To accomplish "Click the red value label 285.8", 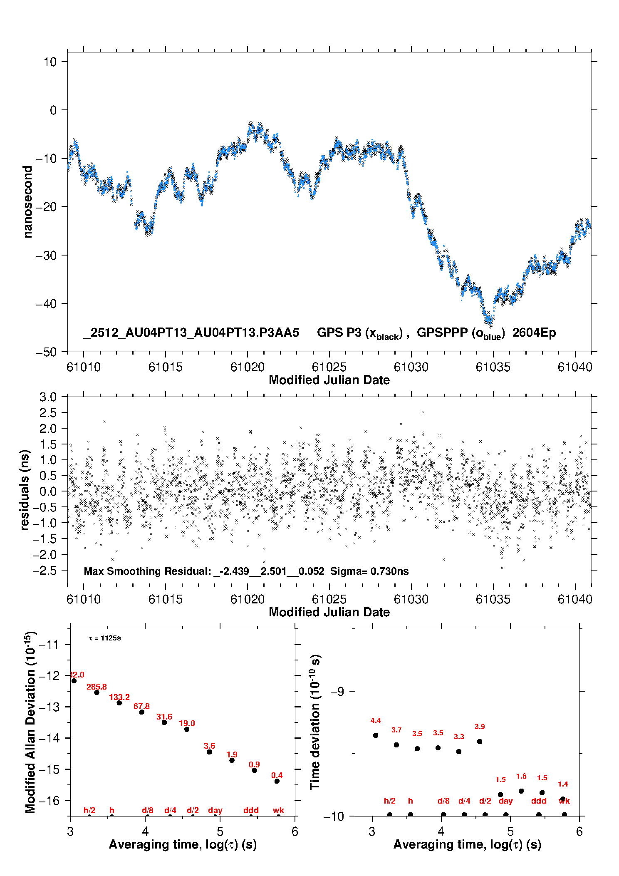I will pyautogui.click(x=97, y=687).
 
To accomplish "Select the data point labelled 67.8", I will pyautogui.click(x=142, y=712).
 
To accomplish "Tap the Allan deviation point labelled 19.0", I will pyautogui.click(x=187, y=730).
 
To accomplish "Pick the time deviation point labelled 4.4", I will pyautogui.click(x=376, y=735).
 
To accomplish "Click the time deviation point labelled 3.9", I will pyautogui.click(x=480, y=742).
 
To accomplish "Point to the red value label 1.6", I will pyautogui.click(x=521, y=776).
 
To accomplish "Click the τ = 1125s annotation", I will pyautogui.click(x=105, y=638).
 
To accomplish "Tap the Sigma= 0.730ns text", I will pyautogui.click(x=369, y=571).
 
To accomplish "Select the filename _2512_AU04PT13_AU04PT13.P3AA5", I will pyautogui.click(x=191, y=333).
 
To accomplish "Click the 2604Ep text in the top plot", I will pyautogui.click(x=534, y=333).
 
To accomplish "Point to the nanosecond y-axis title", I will pyautogui.click(x=28, y=202).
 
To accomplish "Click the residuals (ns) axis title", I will pyautogui.click(x=25, y=490).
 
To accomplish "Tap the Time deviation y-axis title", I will pyautogui.click(x=315, y=722).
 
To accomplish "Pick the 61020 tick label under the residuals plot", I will pyautogui.click(x=248, y=599).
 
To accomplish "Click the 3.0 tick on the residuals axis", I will pyautogui.click(x=48, y=397).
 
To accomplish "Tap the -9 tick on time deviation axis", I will pyautogui.click(x=337, y=691).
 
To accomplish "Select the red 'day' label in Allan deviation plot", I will pyautogui.click(x=215, y=810).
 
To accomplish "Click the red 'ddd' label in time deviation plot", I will pyautogui.click(x=539, y=801).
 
